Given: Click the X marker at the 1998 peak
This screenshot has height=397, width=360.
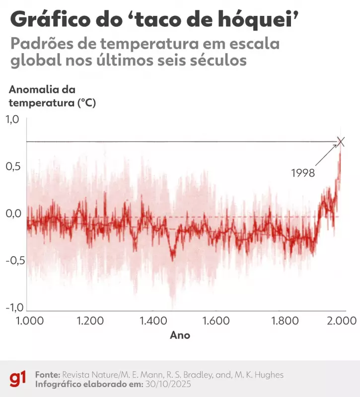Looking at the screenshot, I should [x=341, y=142].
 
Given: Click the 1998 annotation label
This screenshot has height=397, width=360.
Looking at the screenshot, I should [x=304, y=173].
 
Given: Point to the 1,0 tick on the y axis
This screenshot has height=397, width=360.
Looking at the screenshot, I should [x=12, y=119].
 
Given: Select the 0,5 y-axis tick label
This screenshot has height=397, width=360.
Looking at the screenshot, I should [x=12, y=166].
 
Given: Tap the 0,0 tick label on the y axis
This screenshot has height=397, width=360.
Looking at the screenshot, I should [x=12, y=214].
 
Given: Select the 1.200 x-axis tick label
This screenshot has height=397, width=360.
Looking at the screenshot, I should [x=90, y=321].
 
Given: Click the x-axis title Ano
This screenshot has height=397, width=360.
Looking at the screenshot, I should [x=180, y=335].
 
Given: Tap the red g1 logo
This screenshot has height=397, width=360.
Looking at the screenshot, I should [x=19, y=379].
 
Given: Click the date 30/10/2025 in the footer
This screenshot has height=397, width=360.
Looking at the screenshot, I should [x=169, y=384].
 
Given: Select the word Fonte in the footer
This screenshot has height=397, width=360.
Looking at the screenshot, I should [x=47, y=374].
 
